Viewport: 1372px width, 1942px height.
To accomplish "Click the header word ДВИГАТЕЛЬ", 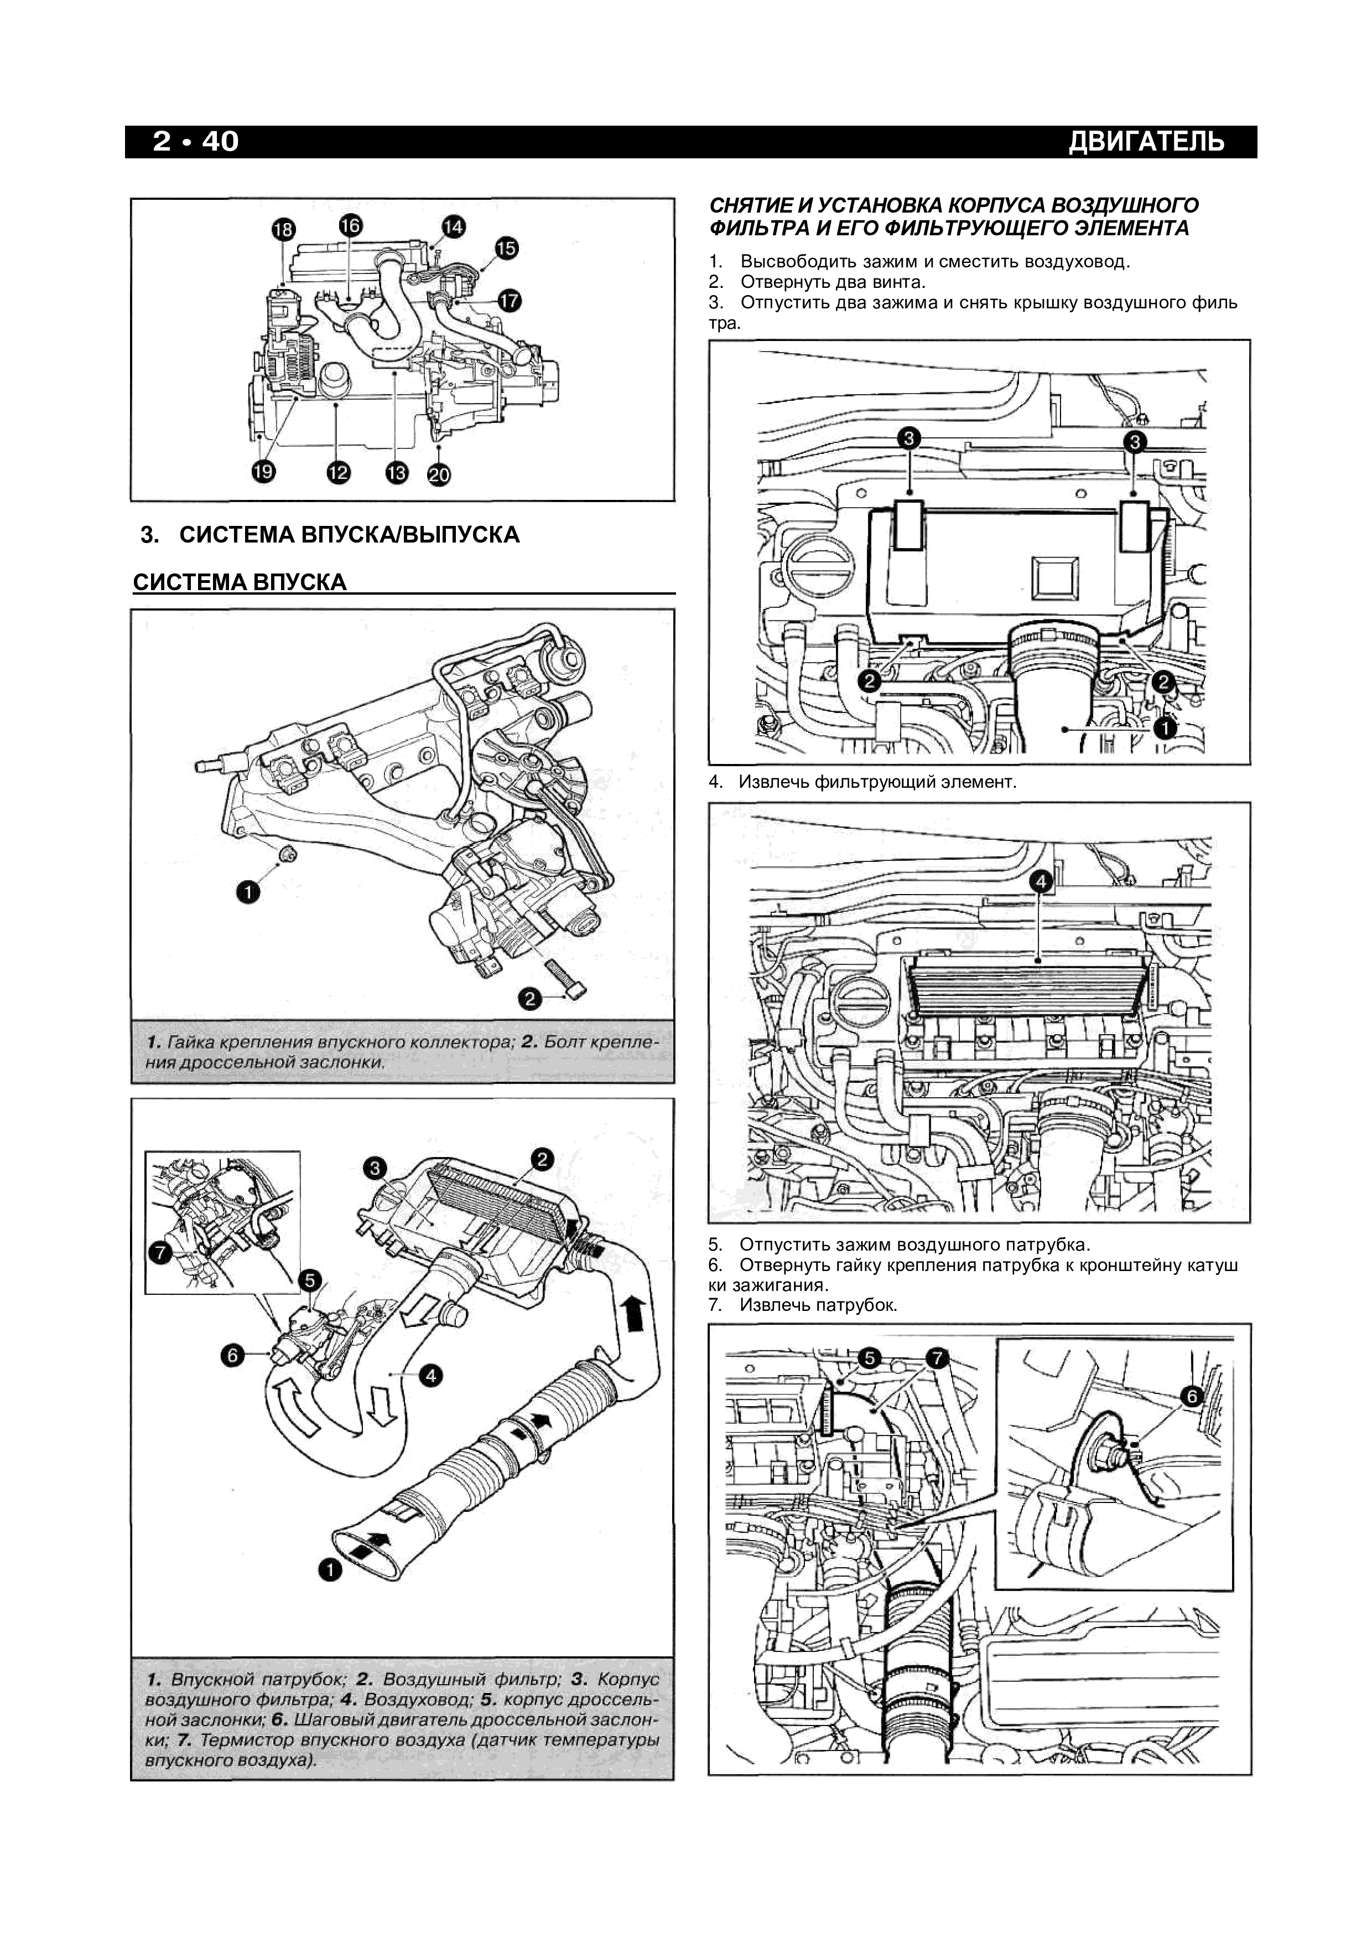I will pos(1146,141).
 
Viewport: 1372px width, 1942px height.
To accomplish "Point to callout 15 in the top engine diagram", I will pos(506,248).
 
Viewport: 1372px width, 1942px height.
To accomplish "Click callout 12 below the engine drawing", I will pos(338,472).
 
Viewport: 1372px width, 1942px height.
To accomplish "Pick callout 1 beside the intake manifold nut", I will pos(247,891).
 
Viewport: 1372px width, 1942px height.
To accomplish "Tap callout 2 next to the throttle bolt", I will pos(530,999).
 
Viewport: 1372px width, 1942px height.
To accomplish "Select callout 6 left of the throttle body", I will pos(232,1355).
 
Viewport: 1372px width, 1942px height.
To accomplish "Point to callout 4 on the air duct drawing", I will pos(431,1376).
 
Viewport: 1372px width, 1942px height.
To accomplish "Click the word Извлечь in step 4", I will pos(773,782).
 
